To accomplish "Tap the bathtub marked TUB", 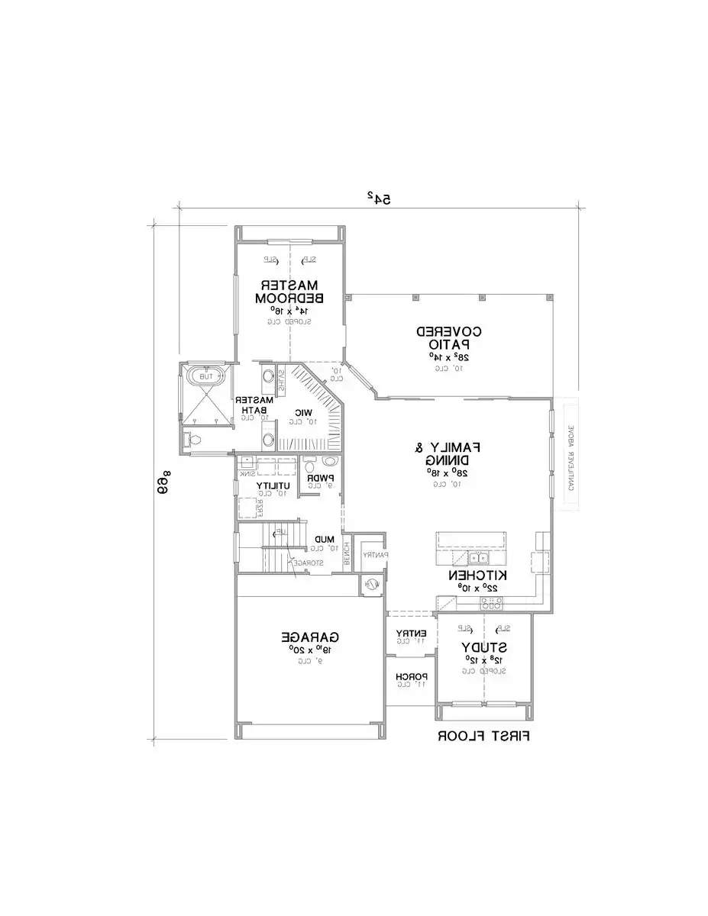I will coord(206,376).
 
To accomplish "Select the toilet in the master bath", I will coord(192,440).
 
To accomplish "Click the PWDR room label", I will coord(318,479).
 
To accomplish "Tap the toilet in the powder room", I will coord(328,462).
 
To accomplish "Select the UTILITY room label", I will coord(272,485).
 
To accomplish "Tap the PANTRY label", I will coord(375,554).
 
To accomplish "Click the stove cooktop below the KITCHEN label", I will coord(491,603).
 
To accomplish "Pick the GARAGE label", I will coord(310,636).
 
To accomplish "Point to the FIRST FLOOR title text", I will coord(483,737).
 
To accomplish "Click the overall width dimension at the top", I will coord(379,198).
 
